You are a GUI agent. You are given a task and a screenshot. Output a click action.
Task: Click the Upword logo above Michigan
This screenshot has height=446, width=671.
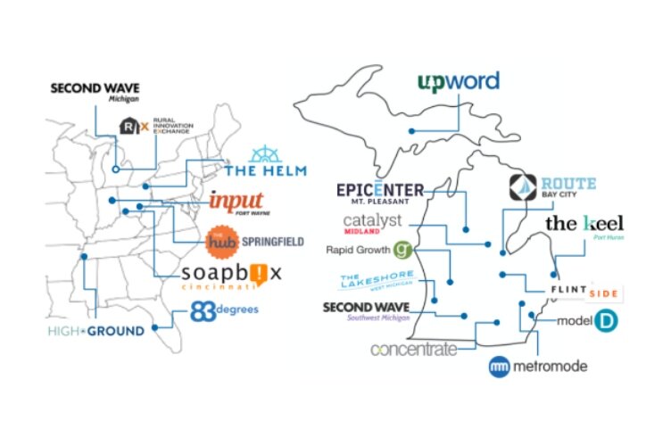tap(458, 84)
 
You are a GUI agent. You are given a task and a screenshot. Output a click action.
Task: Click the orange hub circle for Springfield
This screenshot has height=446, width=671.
tap(220, 241)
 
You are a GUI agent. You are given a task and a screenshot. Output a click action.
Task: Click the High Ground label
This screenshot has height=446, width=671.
tap(96, 331)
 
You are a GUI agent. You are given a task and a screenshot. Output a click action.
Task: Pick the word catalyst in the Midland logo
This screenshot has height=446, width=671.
tap(372, 219)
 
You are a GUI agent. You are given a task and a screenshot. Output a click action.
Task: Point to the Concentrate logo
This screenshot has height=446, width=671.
tap(413, 348)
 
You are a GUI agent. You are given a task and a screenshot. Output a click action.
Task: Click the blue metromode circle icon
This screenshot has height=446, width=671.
tap(500, 366)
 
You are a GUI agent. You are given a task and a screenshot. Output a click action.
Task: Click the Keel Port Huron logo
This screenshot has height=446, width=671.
tap(584, 226)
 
